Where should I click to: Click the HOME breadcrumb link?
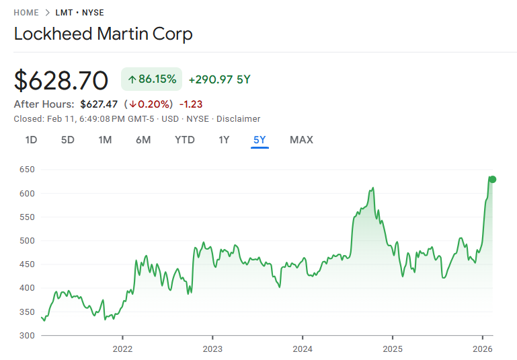click(26, 13)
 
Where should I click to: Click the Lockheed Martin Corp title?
click(104, 34)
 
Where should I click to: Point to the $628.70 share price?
click(61, 81)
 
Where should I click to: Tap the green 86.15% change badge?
click(152, 79)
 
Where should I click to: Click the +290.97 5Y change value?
click(219, 79)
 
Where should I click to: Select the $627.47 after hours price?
click(99, 104)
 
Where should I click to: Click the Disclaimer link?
click(238, 118)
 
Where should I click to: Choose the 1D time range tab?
click(31, 140)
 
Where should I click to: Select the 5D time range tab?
click(68, 140)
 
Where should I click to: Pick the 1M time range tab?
click(105, 140)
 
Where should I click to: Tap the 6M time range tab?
click(143, 140)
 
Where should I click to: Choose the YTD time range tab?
click(185, 140)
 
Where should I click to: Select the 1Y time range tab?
click(224, 140)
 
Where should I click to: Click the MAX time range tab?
click(301, 140)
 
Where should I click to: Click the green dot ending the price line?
click(493, 179)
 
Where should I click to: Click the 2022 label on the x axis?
click(122, 349)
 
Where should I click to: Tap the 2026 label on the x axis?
click(483, 349)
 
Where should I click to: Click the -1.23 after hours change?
click(191, 104)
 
